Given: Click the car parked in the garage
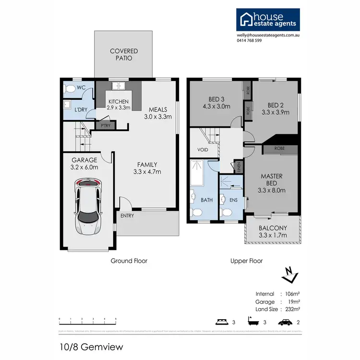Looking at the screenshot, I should pyautogui.click(x=88, y=206).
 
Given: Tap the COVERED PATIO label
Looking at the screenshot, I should pyautogui.click(x=124, y=55).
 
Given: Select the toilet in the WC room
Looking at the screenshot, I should pyautogui.click(x=70, y=88).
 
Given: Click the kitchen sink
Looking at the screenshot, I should pyautogui.click(x=118, y=86).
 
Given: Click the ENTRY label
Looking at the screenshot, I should pyautogui.click(x=128, y=216).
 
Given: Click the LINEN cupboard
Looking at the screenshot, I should pyautogui.click(x=239, y=167).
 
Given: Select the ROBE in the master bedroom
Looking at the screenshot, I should pyautogui.click(x=279, y=149).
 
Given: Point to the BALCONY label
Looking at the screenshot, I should pyautogui.click(x=273, y=228).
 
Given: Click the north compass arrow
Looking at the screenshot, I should pyautogui.click(x=289, y=275).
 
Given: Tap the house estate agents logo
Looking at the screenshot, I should pyautogui.click(x=267, y=20).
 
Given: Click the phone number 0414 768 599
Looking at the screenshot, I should pyautogui.click(x=249, y=41).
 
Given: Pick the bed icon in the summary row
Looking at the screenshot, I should pyautogui.click(x=221, y=322).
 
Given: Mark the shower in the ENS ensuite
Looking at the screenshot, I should pyautogui.click(x=229, y=183).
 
